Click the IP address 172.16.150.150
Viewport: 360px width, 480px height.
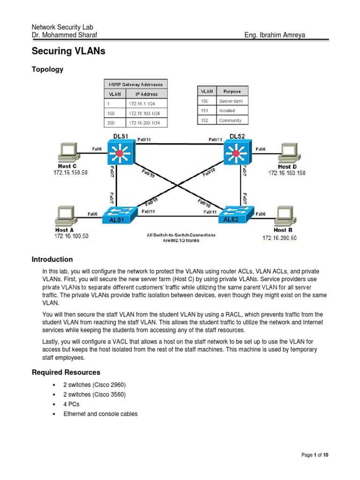(x=286, y=173)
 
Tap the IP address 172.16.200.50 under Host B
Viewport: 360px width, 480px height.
(x=279, y=238)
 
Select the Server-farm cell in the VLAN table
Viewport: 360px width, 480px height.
(x=231, y=101)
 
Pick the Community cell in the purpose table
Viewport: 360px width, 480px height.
(x=230, y=120)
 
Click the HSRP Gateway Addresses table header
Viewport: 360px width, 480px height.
(x=135, y=84)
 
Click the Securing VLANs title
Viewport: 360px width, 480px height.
(x=68, y=52)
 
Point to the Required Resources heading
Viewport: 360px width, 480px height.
(x=66, y=372)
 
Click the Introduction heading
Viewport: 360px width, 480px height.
(x=52, y=259)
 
